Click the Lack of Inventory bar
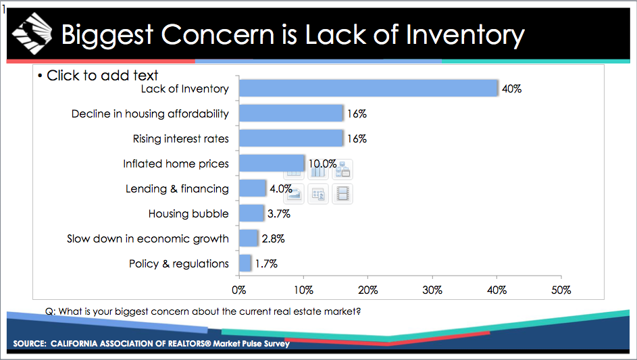point(368,88)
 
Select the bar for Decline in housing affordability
point(291,113)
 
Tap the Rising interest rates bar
point(291,138)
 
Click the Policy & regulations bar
point(245,263)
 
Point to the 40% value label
point(511,89)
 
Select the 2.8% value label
point(273,239)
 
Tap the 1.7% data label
point(266,264)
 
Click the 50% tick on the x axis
point(561,290)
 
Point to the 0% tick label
point(238,290)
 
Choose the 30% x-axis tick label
point(432,290)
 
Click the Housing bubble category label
point(188,214)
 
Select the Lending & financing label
point(177,189)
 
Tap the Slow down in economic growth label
point(147,239)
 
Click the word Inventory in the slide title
point(465,34)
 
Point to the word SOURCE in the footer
point(28,344)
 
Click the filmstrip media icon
point(342,194)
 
